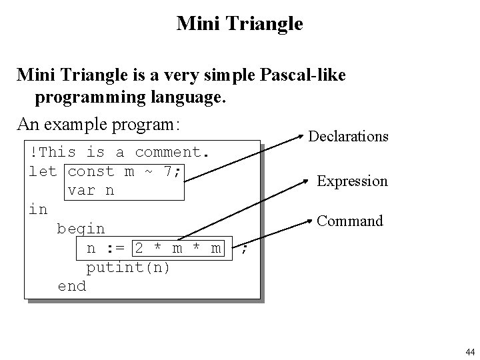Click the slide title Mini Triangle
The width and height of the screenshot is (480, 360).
[240, 25]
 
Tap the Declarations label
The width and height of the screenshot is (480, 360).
[348, 137]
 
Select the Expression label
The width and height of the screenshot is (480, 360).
[352, 181]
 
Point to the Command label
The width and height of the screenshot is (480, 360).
[350, 221]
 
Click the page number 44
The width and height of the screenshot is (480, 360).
[468, 351]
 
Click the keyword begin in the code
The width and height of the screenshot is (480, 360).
[81, 229]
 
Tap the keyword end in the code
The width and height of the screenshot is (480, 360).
[71, 286]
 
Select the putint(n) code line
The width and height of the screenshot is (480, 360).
[129, 267]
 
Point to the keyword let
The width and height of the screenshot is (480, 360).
[43, 171]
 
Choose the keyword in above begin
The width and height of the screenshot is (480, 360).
[38, 209]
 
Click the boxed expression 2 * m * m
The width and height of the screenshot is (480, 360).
[178, 248]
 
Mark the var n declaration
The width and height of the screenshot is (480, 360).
[91, 190]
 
